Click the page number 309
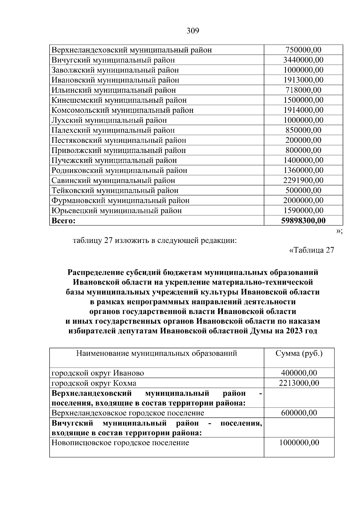[193, 31]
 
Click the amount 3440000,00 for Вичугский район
[303, 60]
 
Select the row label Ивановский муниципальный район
[115, 80]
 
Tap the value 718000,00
[303, 90]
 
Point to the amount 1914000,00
[303, 110]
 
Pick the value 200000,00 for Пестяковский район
[303, 140]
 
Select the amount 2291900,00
[303, 180]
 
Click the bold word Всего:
[63, 221]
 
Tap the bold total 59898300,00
[303, 221]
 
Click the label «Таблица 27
[311, 250]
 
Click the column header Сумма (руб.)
[299, 353]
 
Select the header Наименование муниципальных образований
[157, 353]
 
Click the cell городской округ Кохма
[94, 383]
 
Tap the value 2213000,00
[299, 383]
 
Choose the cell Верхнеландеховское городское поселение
[128, 413]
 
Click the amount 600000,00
[299, 413]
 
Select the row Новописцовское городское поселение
[120, 443]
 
